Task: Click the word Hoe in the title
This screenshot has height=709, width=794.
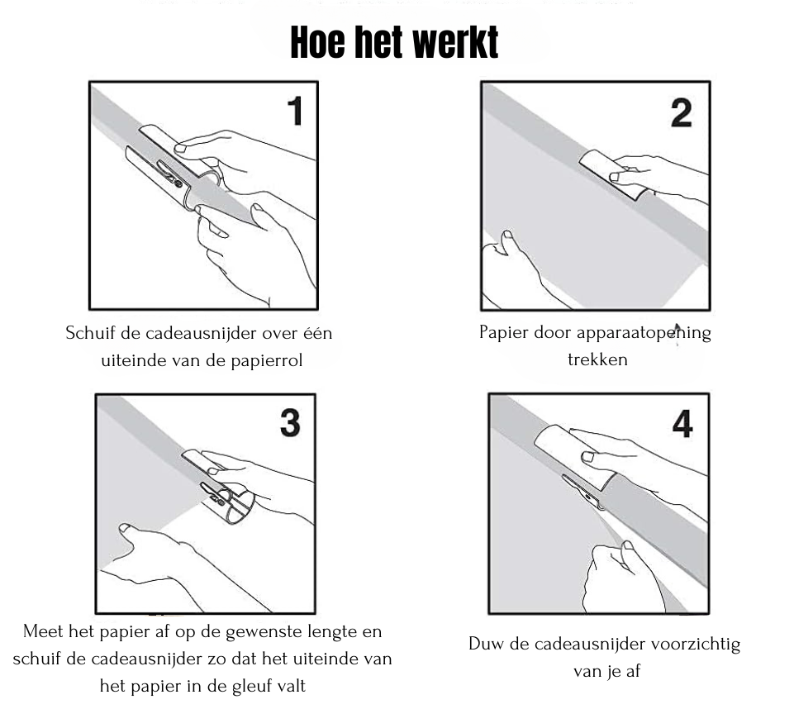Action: (319, 43)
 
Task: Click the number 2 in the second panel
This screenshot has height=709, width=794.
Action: (681, 111)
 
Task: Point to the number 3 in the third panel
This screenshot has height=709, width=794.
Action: (289, 422)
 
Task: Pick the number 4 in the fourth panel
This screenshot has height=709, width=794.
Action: (682, 423)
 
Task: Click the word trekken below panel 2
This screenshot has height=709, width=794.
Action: (597, 359)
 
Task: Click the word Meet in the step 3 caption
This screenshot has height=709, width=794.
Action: (43, 632)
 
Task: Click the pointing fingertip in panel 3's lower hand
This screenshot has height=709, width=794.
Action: (124, 528)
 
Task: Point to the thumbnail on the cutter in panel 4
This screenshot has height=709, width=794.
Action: (588, 456)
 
